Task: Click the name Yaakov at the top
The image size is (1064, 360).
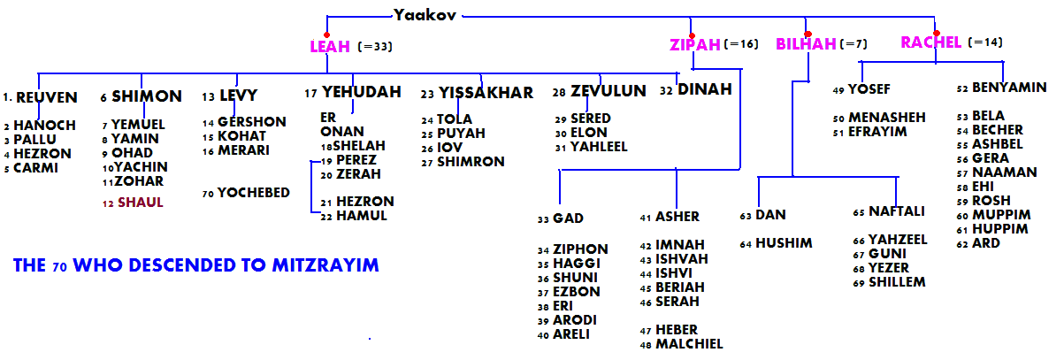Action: [425, 15]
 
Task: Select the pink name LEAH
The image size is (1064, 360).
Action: [330, 47]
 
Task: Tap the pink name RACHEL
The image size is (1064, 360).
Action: [930, 42]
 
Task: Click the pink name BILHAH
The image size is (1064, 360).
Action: [806, 44]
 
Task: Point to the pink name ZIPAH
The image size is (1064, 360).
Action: [694, 44]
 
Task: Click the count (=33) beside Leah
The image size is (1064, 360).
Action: [375, 47]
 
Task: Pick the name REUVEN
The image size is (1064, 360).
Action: [47, 97]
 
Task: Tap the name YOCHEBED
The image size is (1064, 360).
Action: [253, 193]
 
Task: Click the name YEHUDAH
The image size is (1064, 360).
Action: [361, 91]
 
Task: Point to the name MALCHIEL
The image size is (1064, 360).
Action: [689, 344]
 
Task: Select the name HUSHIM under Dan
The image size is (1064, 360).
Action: [784, 243]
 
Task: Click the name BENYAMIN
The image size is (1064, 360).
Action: [1009, 88]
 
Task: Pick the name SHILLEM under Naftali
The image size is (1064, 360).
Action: [897, 282]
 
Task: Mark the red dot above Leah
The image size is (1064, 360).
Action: [327, 34]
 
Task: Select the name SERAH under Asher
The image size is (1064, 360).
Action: [677, 302]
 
